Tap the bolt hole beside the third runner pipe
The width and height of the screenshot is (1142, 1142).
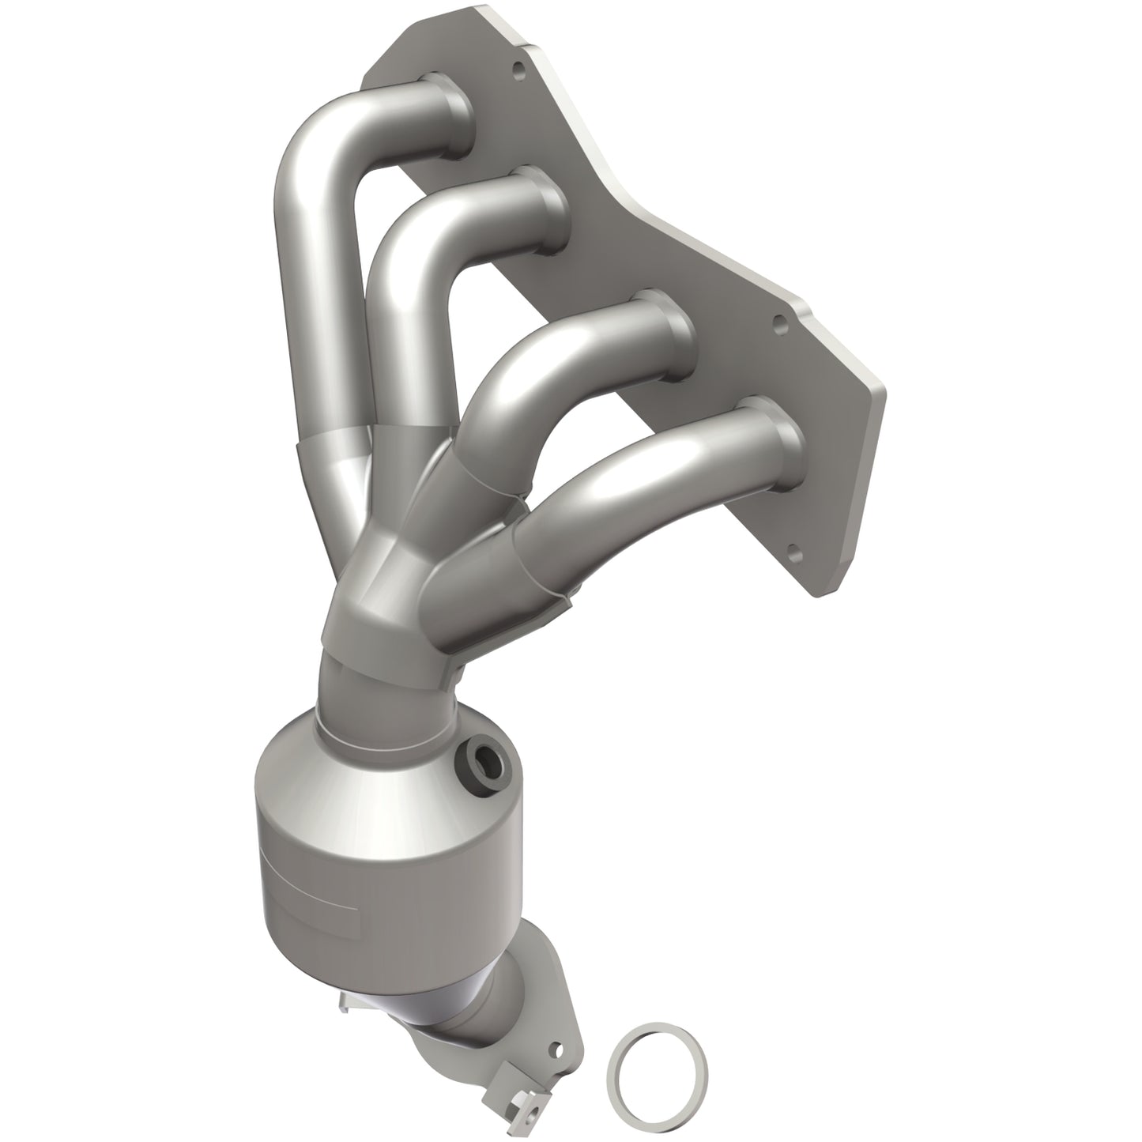[779, 322]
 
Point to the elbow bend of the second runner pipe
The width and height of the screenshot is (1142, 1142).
[411, 253]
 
